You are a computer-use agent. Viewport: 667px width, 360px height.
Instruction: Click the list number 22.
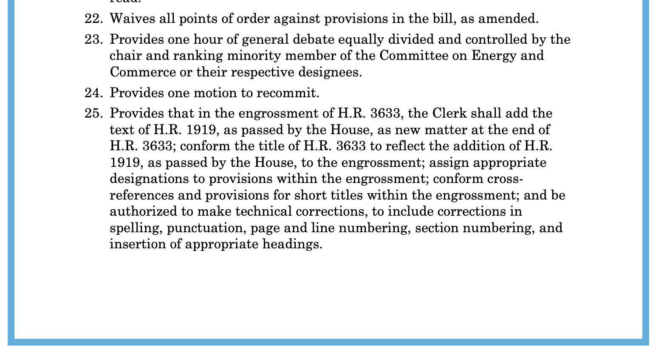click(93, 19)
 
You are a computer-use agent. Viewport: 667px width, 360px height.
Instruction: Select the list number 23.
click(93, 39)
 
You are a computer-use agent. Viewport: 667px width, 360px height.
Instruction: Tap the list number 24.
click(93, 93)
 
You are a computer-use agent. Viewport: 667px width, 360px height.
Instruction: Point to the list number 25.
click(93, 113)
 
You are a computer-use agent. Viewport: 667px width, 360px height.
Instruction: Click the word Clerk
click(449, 113)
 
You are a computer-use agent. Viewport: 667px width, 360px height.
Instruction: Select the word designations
click(149, 179)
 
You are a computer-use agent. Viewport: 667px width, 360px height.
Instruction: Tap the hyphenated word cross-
click(505, 179)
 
